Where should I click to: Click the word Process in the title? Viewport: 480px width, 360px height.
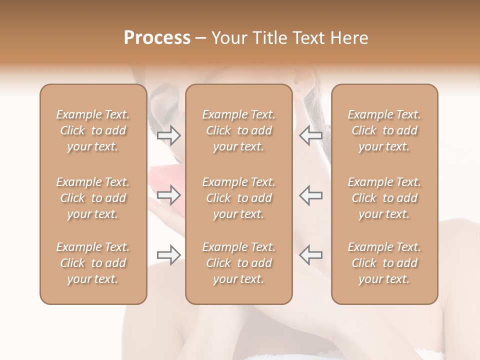(157, 38)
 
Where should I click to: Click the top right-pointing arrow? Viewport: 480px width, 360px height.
(168, 135)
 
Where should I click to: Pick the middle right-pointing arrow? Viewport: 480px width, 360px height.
(168, 194)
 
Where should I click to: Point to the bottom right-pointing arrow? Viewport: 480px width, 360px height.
(168, 255)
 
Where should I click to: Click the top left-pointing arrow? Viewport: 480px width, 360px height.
(310, 135)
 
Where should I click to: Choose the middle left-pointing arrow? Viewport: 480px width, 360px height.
(310, 194)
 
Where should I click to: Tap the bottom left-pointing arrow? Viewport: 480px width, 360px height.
(310, 255)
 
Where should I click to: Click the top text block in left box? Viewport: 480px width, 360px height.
(93, 130)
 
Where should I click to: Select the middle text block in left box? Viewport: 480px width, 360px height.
(93, 198)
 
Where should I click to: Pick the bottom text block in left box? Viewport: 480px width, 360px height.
(93, 263)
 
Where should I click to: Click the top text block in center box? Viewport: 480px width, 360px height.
(239, 130)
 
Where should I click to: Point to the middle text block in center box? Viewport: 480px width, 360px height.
(239, 198)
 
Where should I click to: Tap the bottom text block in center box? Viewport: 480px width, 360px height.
(239, 263)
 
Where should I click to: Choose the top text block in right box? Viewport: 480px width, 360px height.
(384, 130)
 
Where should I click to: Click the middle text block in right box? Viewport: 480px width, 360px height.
(384, 198)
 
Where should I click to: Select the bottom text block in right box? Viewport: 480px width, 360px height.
(384, 263)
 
